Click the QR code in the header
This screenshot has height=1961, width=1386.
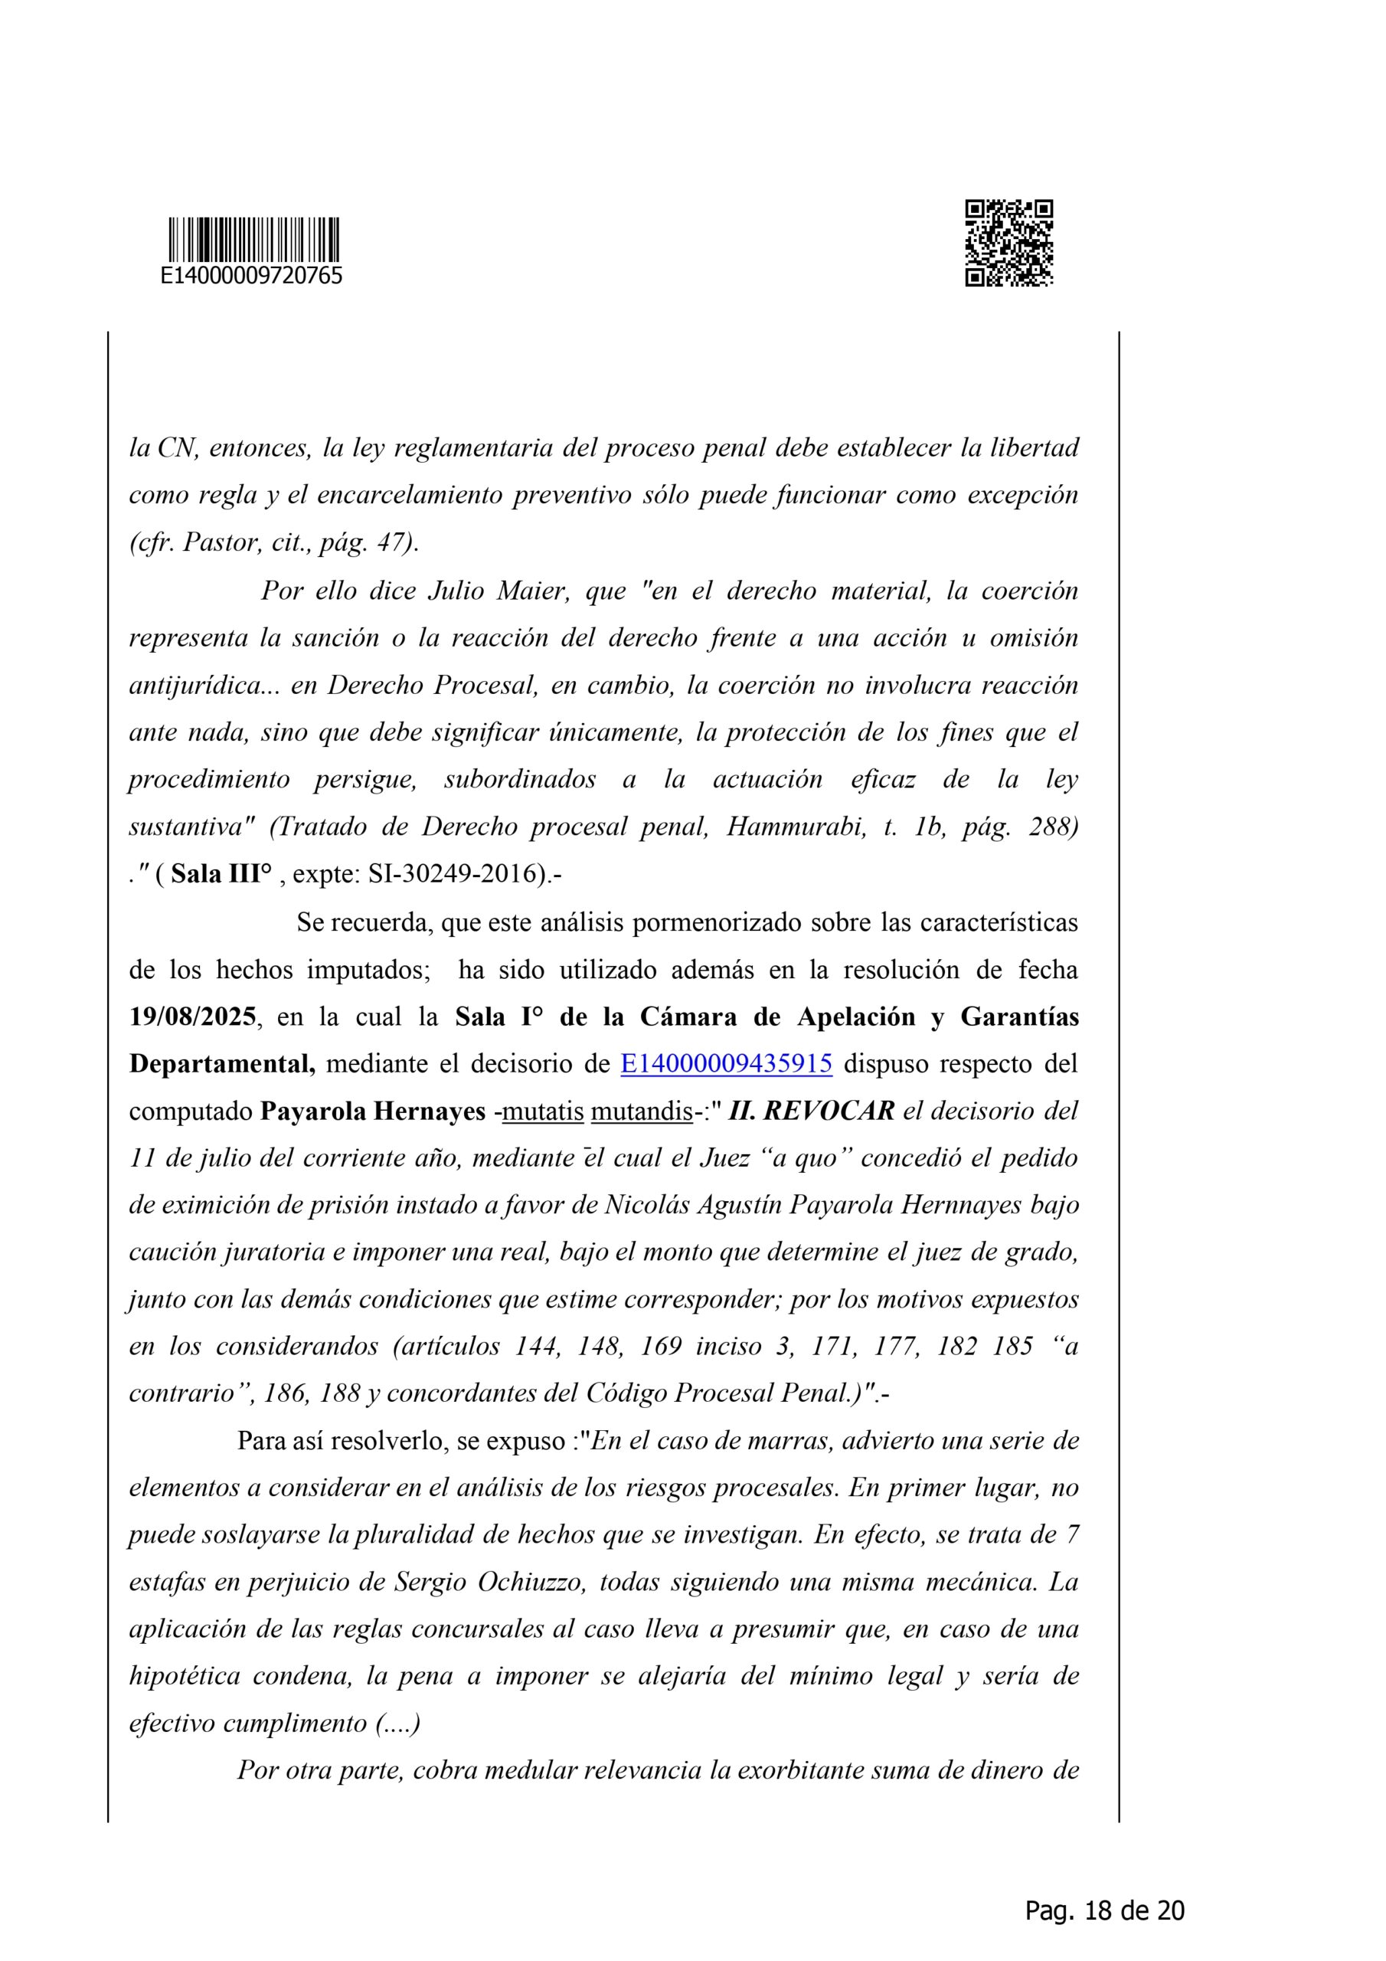[x=1008, y=243]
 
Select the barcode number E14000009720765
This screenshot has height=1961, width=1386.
[x=252, y=276]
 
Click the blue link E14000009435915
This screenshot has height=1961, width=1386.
[x=726, y=1063]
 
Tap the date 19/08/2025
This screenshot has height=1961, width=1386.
[x=192, y=1017]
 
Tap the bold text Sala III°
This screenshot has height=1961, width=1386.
[x=221, y=875]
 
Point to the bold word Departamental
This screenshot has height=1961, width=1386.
[x=222, y=1063]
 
